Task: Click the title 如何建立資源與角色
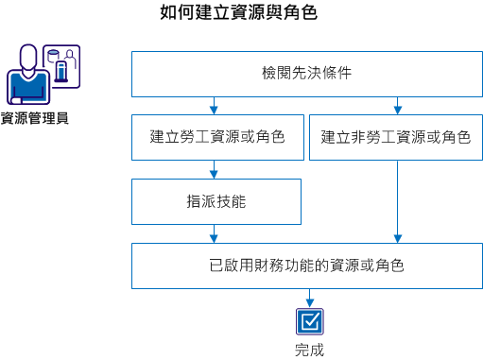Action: point(238,13)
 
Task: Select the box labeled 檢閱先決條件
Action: point(306,74)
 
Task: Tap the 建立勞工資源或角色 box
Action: point(217,137)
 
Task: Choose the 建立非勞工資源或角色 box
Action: point(395,137)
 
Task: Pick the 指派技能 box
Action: point(216,200)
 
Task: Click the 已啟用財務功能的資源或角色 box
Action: point(306,266)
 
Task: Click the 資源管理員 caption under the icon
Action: point(34,118)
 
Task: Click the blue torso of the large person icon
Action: point(28,90)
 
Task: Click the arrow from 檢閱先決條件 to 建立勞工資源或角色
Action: point(216,105)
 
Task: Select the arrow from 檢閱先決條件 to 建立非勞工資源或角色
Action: point(397,105)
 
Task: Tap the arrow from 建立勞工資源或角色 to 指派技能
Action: point(216,169)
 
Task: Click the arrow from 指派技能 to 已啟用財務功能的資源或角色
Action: point(216,232)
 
